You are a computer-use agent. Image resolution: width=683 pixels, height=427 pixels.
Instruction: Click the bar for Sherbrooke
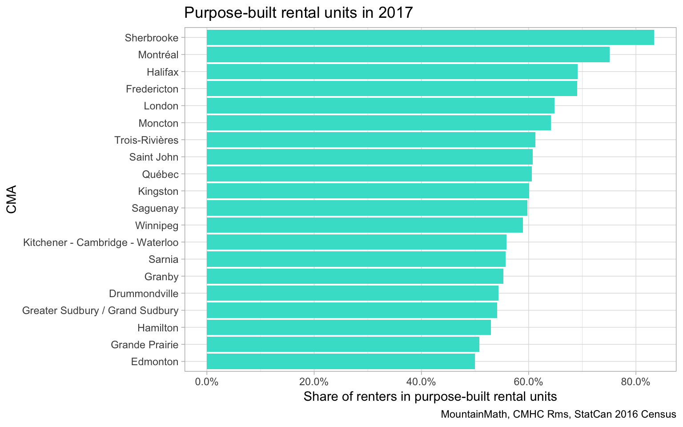point(430,37)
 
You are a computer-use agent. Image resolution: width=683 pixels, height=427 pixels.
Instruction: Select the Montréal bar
point(408,55)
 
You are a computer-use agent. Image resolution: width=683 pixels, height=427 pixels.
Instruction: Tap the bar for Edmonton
point(341,362)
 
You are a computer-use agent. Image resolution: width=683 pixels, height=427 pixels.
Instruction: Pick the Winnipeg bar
point(365,226)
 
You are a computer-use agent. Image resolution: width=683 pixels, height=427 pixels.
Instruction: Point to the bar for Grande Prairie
point(343,344)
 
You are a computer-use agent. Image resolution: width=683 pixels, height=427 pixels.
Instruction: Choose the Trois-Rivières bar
point(371,140)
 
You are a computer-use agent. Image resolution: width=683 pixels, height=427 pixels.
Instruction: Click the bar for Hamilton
point(349,328)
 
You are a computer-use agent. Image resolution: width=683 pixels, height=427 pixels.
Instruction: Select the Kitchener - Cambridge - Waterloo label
point(100,242)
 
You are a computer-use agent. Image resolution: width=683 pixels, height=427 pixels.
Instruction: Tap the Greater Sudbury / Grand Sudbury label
point(100,310)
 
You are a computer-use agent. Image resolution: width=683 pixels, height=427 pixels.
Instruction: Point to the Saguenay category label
point(155,208)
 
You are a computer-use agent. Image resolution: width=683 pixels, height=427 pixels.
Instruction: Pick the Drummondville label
point(144,294)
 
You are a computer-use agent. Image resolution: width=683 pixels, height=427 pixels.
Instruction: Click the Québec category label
point(160,174)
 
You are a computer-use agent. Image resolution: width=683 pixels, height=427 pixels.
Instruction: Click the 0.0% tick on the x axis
point(207,382)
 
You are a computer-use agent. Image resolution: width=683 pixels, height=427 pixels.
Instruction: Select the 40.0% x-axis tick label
point(421,382)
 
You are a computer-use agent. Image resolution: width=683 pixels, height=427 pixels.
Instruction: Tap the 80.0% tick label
point(635,382)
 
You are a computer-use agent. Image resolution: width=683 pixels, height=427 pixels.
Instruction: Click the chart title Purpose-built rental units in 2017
point(299,12)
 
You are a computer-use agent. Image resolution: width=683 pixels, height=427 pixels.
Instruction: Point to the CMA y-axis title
point(12,199)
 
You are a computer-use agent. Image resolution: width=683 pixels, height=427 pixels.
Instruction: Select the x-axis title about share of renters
point(430,396)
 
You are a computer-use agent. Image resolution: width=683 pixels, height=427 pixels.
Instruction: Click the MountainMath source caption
point(558,415)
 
